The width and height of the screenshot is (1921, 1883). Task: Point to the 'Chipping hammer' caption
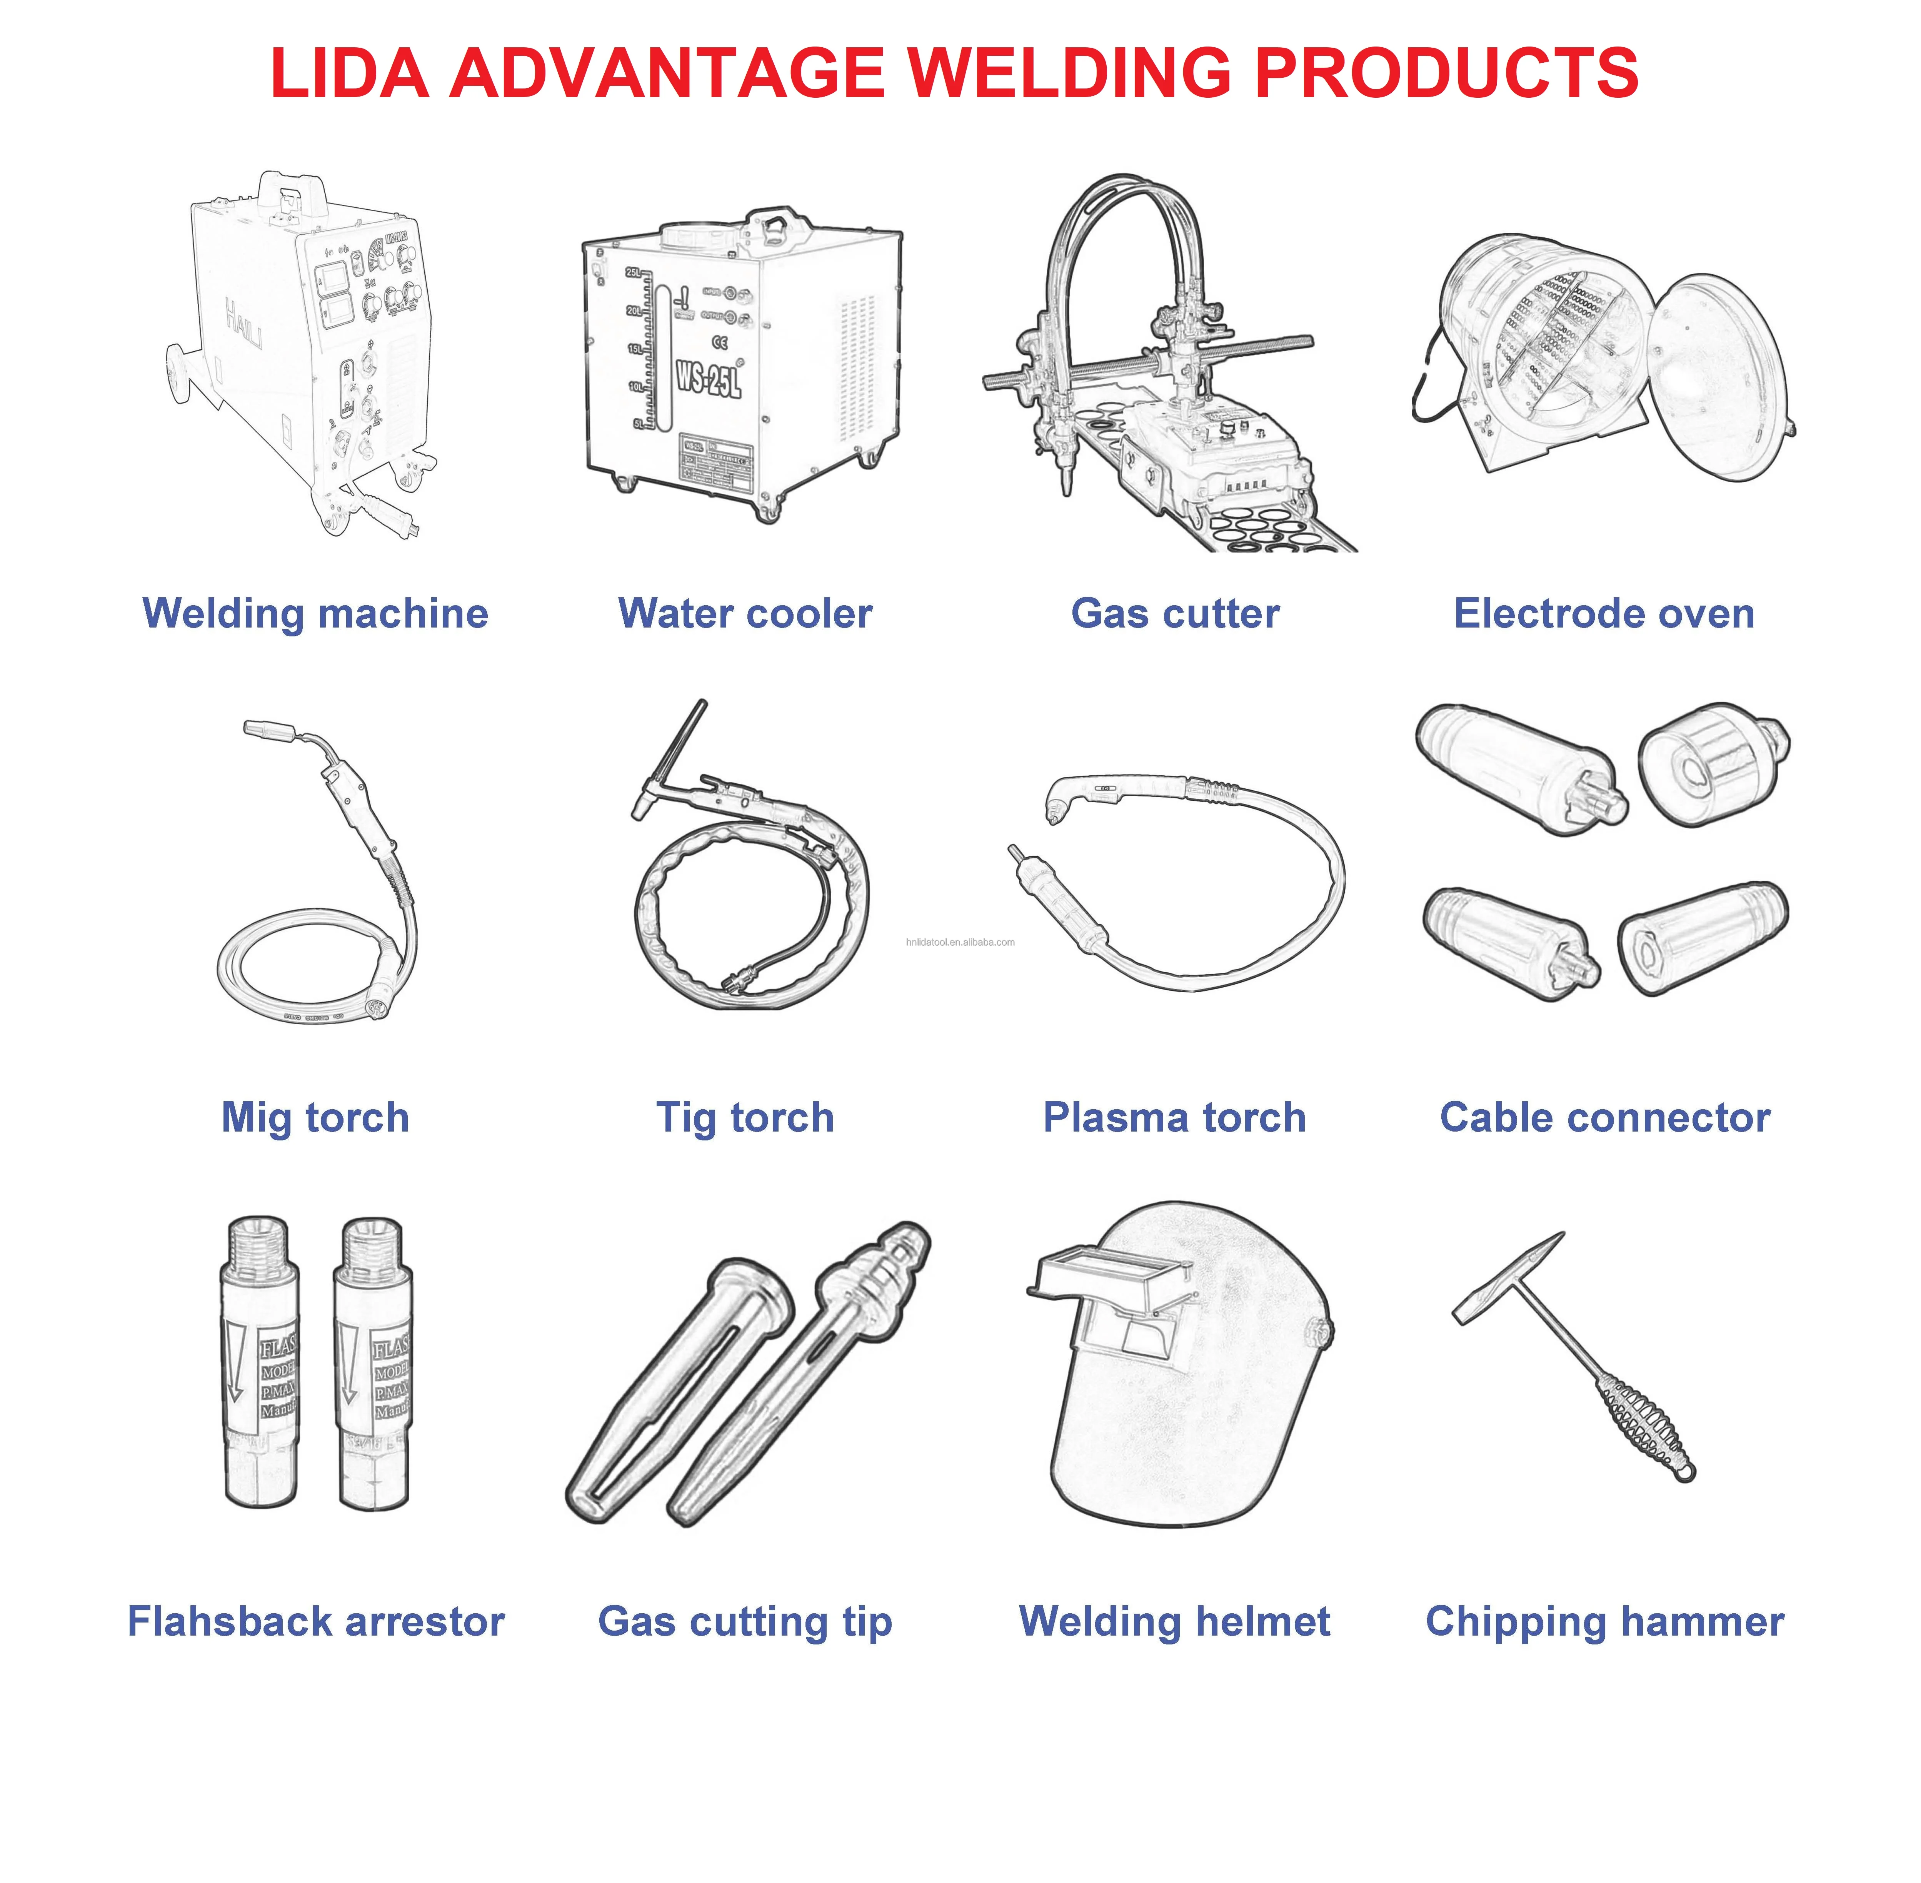coord(1604,1622)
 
